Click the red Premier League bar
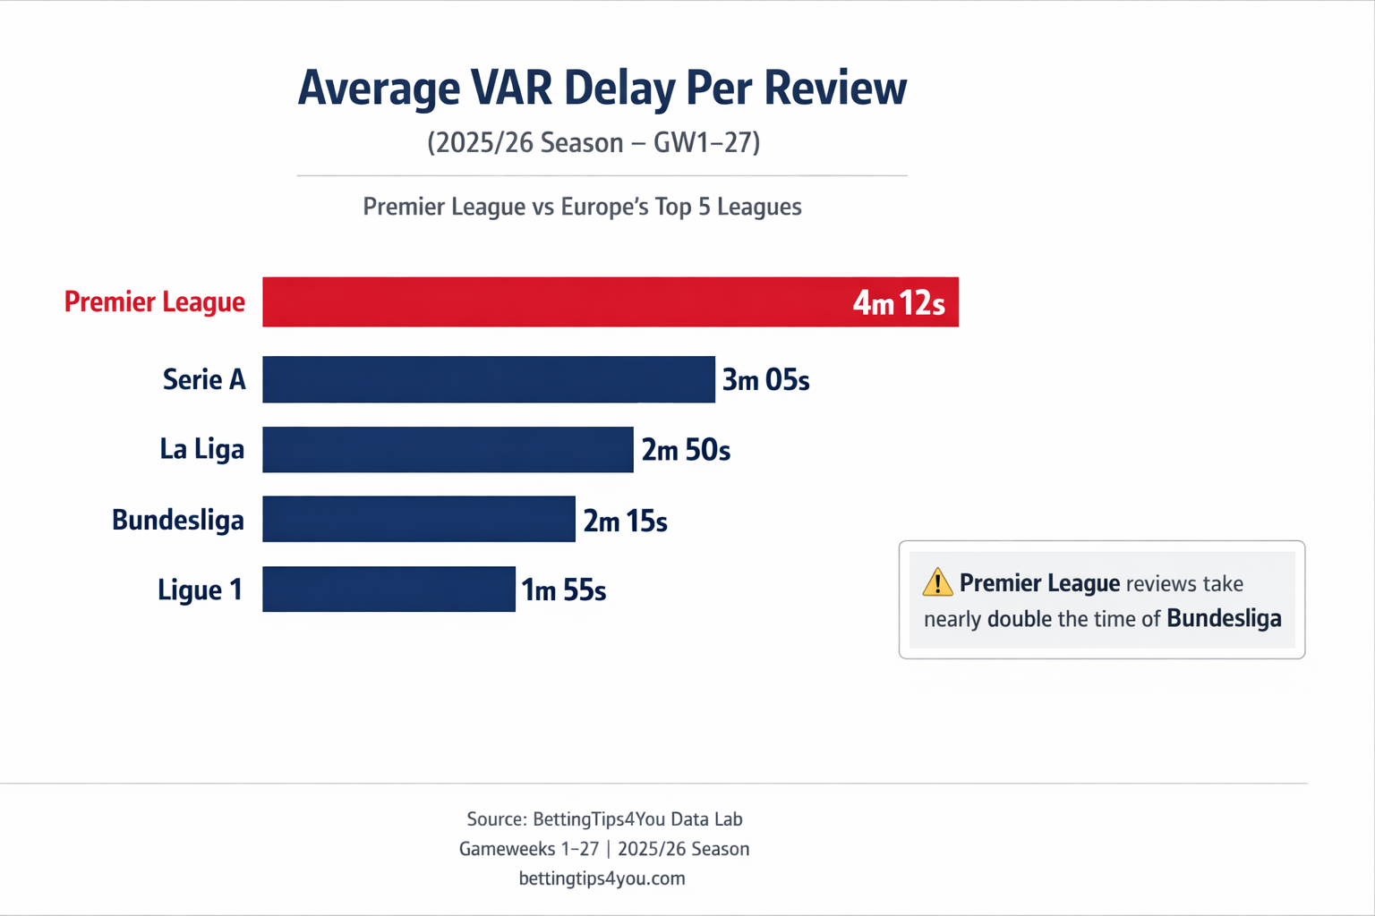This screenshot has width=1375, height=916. (x=555, y=301)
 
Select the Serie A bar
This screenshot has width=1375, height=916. (x=488, y=379)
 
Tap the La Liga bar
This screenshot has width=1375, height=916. (x=448, y=449)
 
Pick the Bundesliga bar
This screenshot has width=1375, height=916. (x=418, y=519)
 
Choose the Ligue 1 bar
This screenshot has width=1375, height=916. (x=389, y=589)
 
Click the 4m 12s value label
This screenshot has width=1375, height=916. (x=898, y=303)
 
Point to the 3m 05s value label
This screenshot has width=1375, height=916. (x=765, y=380)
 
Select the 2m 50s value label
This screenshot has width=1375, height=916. (x=686, y=450)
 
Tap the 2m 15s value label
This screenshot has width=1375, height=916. (x=625, y=521)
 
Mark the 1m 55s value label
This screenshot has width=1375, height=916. (x=564, y=590)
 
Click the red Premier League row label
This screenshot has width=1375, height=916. (x=154, y=302)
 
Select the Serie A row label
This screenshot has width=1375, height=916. (x=204, y=379)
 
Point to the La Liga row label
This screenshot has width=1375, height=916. (x=201, y=449)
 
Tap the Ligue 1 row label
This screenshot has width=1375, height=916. (x=200, y=590)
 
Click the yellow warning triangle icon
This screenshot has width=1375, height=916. (x=937, y=582)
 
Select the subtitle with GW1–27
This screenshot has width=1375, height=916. (x=594, y=143)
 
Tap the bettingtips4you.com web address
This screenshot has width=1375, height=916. (x=602, y=878)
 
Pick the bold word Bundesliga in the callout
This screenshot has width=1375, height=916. (x=1224, y=618)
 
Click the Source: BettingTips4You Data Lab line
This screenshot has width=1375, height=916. (x=604, y=819)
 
